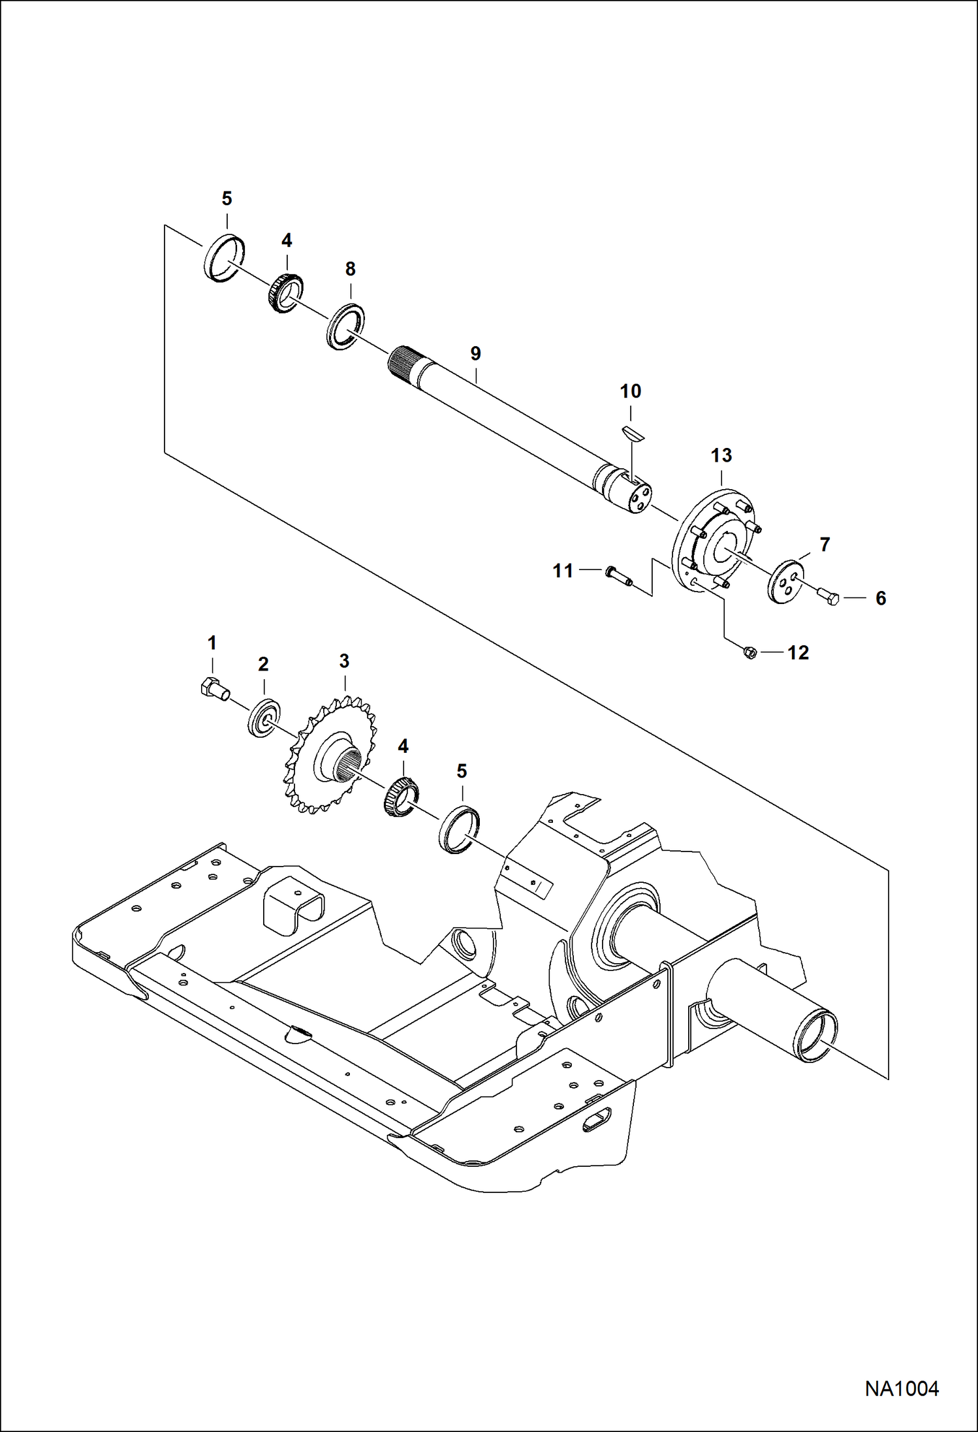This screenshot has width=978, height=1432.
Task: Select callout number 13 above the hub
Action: pos(721,455)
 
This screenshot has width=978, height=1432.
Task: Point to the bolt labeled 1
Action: pos(213,689)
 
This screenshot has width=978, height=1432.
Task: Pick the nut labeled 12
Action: pos(750,652)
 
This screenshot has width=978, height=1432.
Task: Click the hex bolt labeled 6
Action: pos(828,596)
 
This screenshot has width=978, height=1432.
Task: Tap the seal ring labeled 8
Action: pos(345,326)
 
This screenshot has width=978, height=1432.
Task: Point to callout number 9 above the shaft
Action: pos(475,353)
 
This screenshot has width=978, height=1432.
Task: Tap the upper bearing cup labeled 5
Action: pos(225,258)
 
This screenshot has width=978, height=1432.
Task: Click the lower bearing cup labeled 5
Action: pos(459,829)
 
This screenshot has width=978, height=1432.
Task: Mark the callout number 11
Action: pos(563,571)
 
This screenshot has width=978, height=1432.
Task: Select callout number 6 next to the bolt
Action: pos(880,598)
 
